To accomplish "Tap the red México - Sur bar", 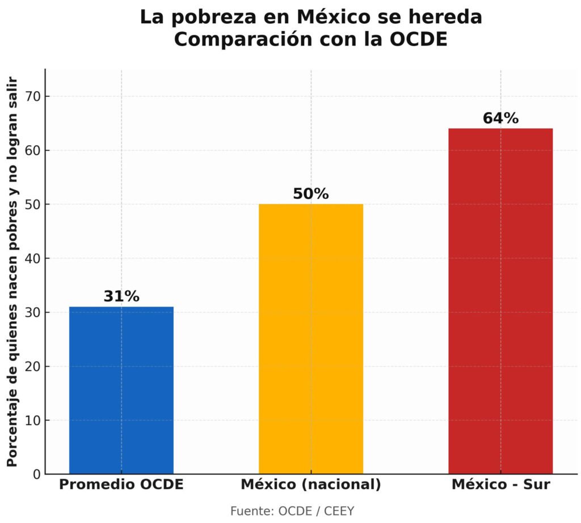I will pyautogui.click(x=500, y=301).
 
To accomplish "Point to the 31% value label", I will pyautogui.click(x=121, y=296).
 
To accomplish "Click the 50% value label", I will pyautogui.click(x=311, y=194).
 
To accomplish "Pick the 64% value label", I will pyautogui.click(x=500, y=118).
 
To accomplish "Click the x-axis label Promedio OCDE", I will pyautogui.click(x=121, y=485).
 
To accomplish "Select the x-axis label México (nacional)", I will pyautogui.click(x=311, y=485).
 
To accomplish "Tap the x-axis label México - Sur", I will pyautogui.click(x=500, y=485).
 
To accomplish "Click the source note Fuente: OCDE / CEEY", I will pyautogui.click(x=292, y=511).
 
